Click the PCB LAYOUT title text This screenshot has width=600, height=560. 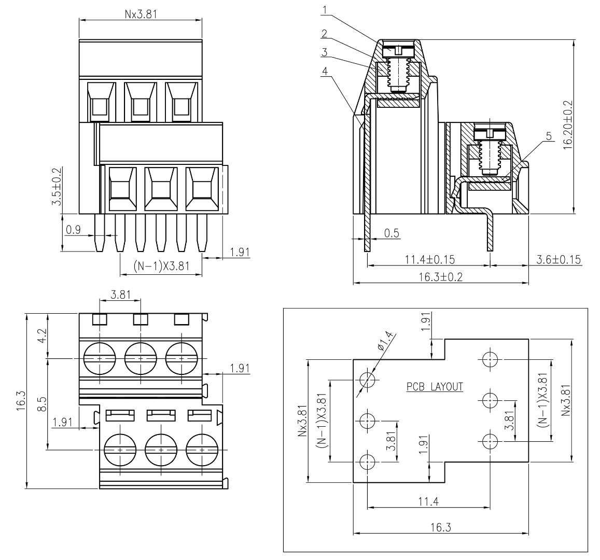point(435,386)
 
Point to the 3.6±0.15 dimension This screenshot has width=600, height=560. point(559,259)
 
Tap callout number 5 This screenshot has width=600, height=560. point(548,136)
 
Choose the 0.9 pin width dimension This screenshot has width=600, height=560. point(73,229)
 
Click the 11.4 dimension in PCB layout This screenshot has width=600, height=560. point(428,501)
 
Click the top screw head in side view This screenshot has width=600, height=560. point(398,51)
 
